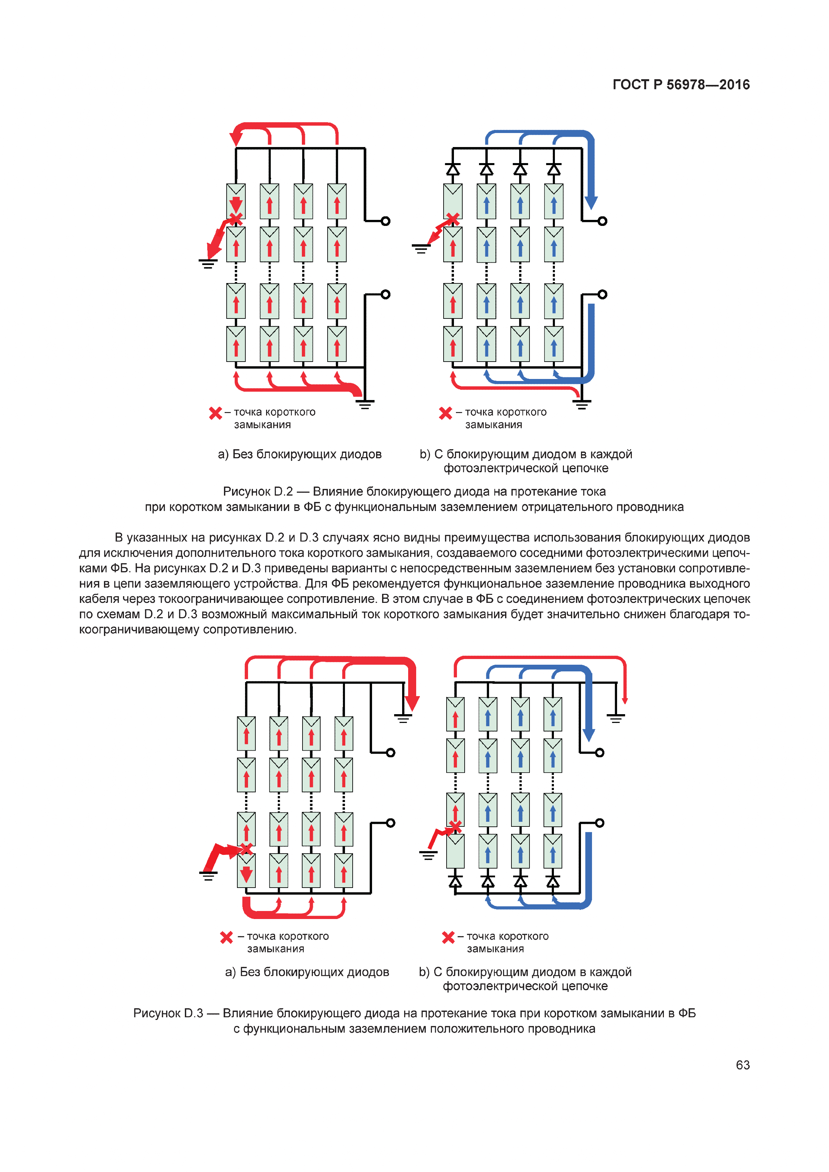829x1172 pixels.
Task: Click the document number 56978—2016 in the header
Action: (708, 85)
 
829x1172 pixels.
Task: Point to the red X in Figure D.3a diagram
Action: (246, 849)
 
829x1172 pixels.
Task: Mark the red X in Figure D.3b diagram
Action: (455, 825)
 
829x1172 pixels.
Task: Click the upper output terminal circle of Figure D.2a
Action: (385, 221)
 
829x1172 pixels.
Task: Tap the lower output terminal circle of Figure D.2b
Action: (602, 294)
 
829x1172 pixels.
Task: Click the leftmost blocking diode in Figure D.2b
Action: (453, 169)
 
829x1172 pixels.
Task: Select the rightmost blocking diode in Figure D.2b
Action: (554, 169)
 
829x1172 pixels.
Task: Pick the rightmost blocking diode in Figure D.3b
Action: (553, 882)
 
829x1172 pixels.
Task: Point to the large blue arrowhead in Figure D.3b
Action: (589, 735)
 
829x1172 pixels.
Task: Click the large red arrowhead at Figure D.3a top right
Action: (411, 703)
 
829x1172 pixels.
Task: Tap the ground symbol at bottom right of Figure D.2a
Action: (365, 405)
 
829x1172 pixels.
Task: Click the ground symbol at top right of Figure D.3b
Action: (616, 718)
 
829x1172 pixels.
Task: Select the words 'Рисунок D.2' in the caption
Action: (258, 492)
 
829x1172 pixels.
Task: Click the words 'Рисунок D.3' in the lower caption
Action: (168, 1013)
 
